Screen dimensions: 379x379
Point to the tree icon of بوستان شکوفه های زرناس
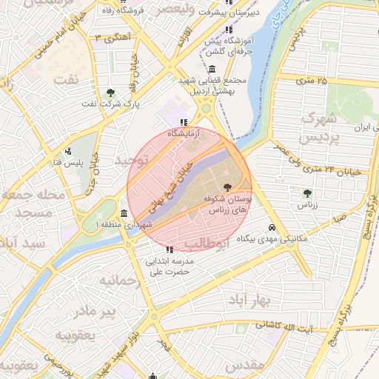227,187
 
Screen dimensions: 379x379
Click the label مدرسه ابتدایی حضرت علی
172,266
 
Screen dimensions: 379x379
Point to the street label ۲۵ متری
311,79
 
